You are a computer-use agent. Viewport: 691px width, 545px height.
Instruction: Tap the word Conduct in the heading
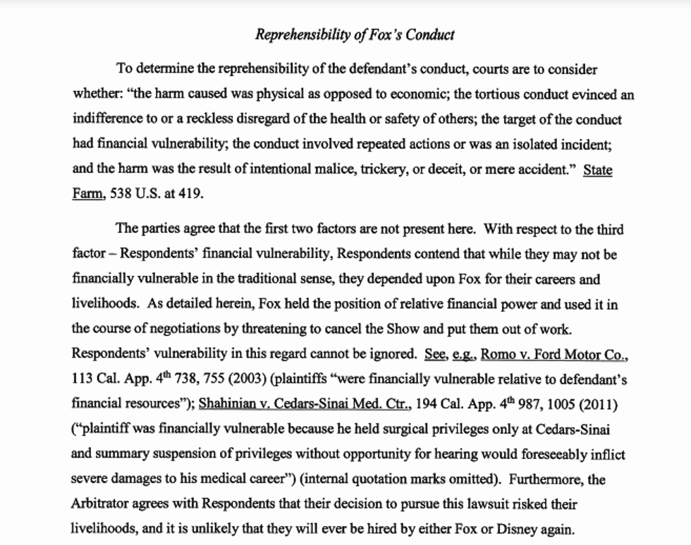431,34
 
